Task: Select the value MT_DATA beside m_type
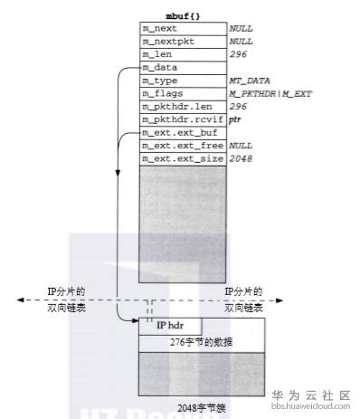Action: point(245,81)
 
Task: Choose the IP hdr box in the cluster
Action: point(170,325)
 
